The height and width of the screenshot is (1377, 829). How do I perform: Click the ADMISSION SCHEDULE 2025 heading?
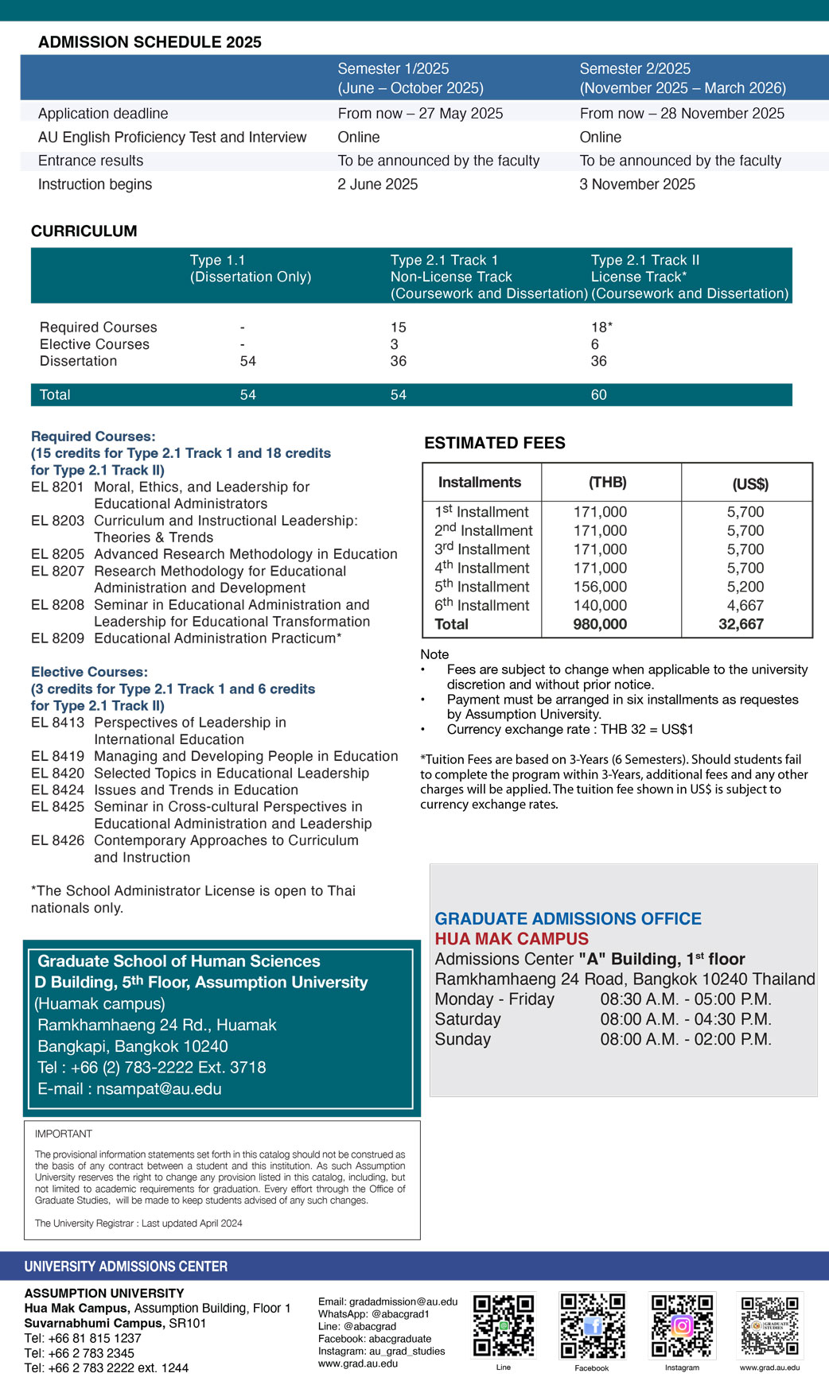pos(150,42)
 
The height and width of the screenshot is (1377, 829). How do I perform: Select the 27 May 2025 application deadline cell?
pos(420,114)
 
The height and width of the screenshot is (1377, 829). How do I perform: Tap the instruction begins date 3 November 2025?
pos(637,184)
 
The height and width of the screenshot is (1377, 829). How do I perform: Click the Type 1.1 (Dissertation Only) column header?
pos(250,269)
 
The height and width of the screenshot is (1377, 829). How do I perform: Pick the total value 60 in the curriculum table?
pos(598,395)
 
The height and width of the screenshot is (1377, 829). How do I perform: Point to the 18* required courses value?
pos(601,328)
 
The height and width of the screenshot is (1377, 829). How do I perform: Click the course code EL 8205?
pos(57,554)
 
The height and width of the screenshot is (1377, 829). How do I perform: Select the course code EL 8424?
pos(57,790)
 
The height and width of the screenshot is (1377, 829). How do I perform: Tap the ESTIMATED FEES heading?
pos(494,444)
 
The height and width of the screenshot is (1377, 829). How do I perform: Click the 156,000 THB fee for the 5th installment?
pos(600,587)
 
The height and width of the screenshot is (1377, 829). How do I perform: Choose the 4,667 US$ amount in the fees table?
pos(745,606)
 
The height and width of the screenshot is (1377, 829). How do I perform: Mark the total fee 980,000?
pos(600,625)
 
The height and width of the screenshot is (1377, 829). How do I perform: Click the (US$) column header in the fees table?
pos(749,484)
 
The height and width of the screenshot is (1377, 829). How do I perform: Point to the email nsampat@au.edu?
pos(158,1089)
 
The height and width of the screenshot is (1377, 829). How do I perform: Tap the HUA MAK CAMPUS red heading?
pos(512,939)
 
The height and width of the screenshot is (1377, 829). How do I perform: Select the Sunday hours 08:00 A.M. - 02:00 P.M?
pos(686,1040)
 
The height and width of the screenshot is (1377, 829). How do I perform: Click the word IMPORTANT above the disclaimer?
pos(64,1134)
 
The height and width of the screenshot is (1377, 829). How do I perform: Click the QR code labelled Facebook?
pos(592,1325)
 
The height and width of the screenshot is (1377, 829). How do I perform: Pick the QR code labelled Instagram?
pos(682,1325)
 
